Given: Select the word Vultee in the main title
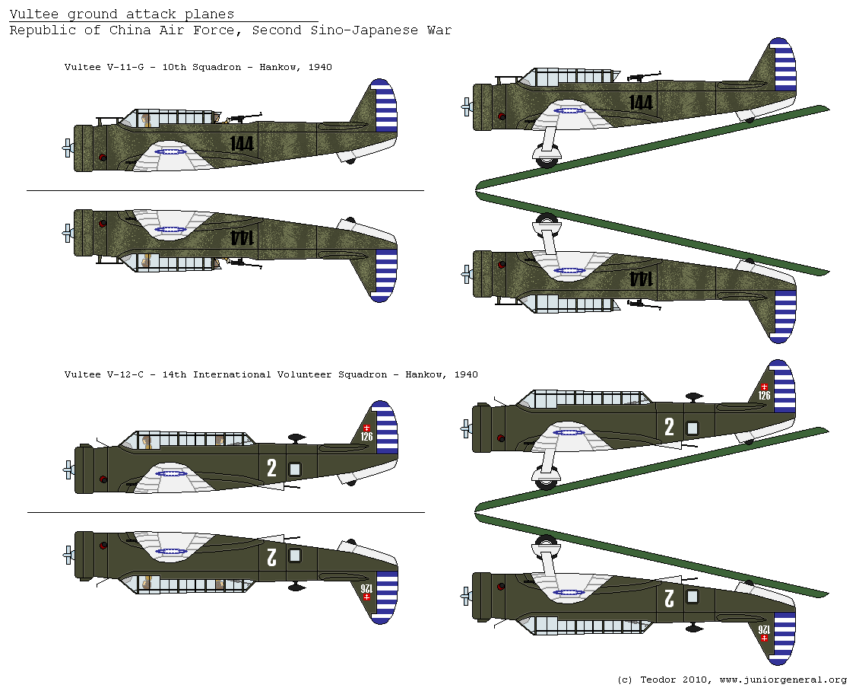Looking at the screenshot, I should pyautogui.click(x=30, y=14).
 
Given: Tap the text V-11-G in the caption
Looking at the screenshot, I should pyautogui.click(x=128, y=67).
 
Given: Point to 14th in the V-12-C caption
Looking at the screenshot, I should pyautogui.click(x=175, y=374).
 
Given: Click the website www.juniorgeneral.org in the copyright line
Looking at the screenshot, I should pyautogui.click(x=783, y=680).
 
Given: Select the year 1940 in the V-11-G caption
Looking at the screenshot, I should pyautogui.click(x=320, y=67).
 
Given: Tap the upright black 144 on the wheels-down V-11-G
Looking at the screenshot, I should pyautogui.click(x=641, y=102).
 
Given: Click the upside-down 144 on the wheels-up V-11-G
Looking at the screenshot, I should pyautogui.click(x=241, y=237).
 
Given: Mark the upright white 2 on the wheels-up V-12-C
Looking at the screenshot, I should pyautogui.click(x=271, y=468).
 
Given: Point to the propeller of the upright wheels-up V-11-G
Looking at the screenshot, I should pyautogui.click(x=67, y=148).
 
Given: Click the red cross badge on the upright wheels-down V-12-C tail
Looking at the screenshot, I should pyautogui.click(x=764, y=387).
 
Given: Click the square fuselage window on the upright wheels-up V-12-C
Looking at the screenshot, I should pyautogui.click(x=295, y=470).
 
